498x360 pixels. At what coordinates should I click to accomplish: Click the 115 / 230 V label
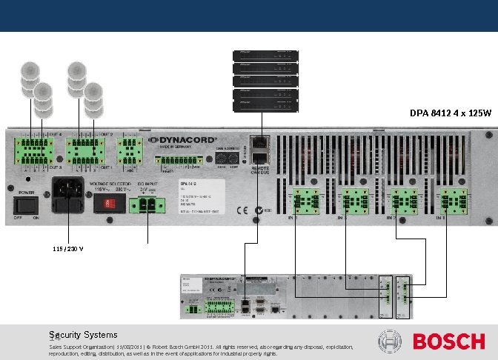point(67,248)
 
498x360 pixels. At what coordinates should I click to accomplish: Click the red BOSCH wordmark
point(448,341)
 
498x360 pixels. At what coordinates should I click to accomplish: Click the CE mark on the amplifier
point(241,210)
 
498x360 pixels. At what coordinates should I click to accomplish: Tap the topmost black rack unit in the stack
point(265,55)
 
